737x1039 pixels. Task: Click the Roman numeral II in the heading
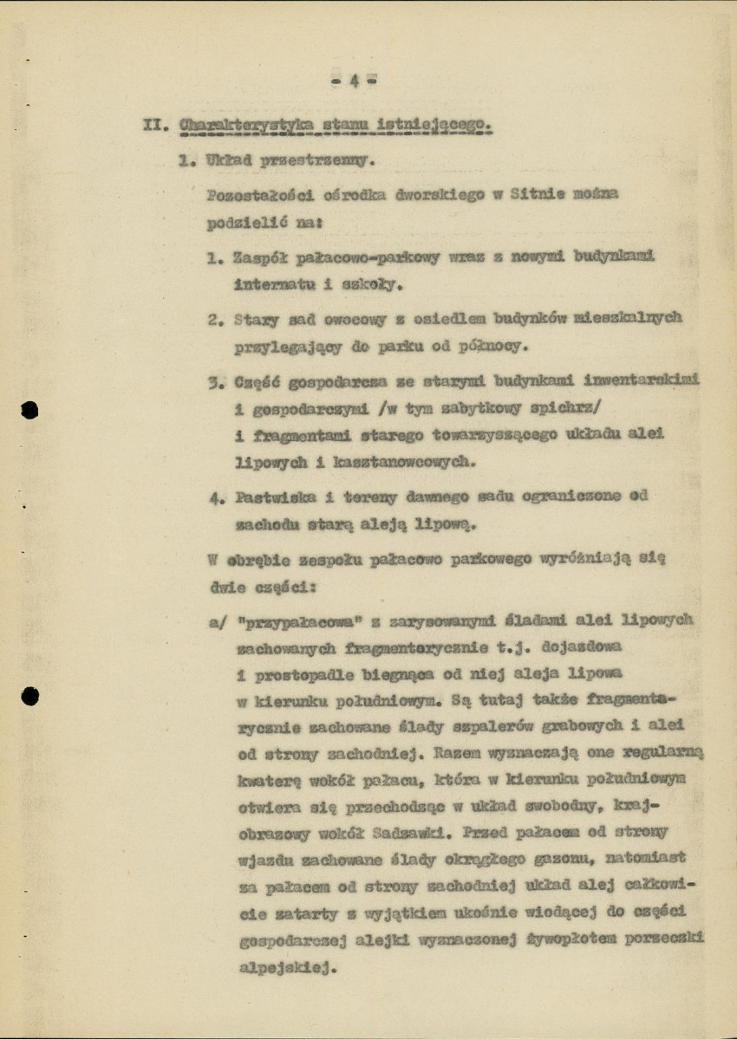[x=153, y=127]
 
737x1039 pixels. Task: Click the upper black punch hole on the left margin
[x=30, y=409]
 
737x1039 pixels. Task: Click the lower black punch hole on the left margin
[x=30, y=693]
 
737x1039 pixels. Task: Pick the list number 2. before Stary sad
[x=216, y=319]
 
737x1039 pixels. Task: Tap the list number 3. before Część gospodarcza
[x=216, y=380]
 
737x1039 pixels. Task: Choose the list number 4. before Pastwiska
[x=216, y=497]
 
